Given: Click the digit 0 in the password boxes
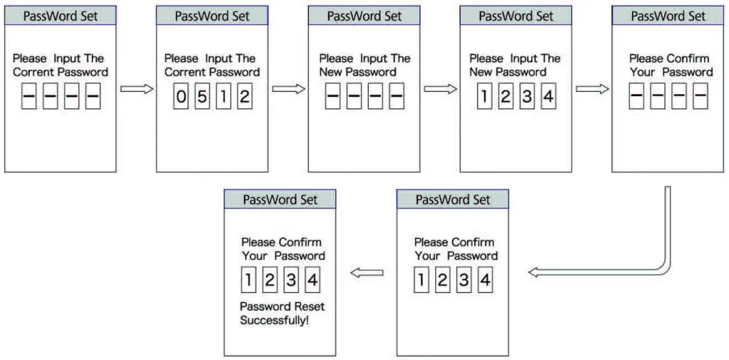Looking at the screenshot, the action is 181,97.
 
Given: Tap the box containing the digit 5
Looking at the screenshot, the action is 202,97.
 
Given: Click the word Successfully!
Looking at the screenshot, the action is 274,321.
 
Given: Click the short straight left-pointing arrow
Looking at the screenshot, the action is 367,273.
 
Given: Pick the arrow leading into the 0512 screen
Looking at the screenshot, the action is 137,89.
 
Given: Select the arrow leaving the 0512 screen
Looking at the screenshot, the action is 289,89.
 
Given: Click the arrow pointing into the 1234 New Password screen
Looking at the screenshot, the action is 441,89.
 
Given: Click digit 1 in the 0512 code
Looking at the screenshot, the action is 223,97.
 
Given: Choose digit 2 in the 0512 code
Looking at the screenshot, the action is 245,97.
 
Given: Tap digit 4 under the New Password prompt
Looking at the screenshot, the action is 549,97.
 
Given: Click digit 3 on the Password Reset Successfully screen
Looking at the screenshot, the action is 291,280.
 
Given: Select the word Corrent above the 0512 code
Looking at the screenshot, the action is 186,73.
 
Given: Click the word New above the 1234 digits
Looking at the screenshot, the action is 481,73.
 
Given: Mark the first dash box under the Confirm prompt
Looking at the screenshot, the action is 636,97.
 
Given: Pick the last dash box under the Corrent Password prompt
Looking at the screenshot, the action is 93,97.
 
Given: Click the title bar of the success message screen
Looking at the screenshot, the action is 280,199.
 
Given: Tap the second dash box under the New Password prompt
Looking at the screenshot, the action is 355,97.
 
